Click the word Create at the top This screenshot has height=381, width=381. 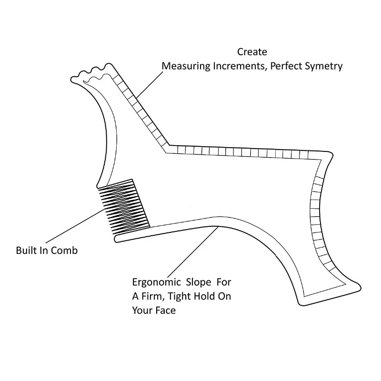[x=252, y=52]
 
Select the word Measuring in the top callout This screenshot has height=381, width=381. [x=185, y=66]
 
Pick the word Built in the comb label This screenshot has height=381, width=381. [x=26, y=250]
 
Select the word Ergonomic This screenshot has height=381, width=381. [x=154, y=281]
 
